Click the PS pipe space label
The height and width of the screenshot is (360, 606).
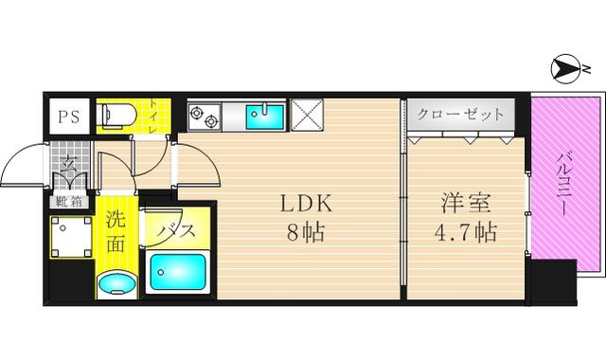pos(69,117)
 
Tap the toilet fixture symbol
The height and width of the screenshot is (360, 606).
pos(116,115)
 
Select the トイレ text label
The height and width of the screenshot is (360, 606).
pos(153,117)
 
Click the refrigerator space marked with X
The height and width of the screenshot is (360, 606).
pos(307,115)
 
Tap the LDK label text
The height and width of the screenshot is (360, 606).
pos(306,204)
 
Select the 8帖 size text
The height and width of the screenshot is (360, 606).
pos(305,232)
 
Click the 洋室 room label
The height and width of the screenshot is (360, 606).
pos(466,204)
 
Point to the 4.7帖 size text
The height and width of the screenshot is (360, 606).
pos(465,232)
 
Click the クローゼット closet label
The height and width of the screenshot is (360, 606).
pos(461,115)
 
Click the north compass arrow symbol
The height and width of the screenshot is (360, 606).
pos(564,69)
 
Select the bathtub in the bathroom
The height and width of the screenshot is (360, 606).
pos(177,272)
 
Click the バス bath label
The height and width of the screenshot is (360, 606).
pos(176,231)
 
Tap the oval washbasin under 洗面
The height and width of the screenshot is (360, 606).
pos(116,284)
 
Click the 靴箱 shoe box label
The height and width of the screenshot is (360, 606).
pos(69,202)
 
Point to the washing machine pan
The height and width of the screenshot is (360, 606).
pos(71,237)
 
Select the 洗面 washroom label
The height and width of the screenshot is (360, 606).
pos(116,231)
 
